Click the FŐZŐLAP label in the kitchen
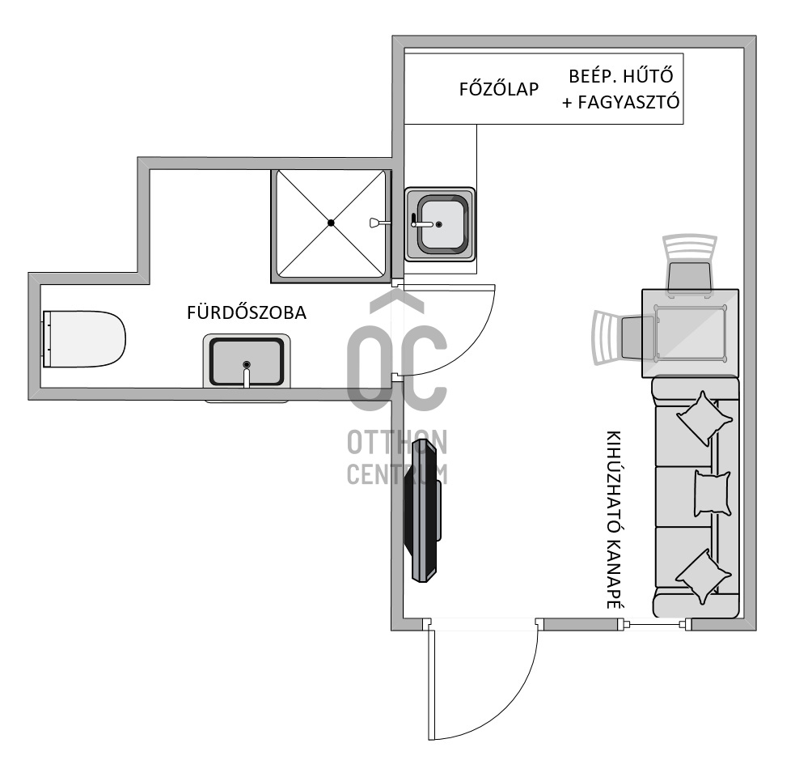click(498, 89)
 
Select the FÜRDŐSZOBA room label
click(247, 313)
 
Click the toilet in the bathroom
click(85, 338)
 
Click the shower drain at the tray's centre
click(331, 223)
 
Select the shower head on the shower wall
click(375, 223)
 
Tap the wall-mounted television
click(422, 510)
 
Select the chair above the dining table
click(690, 264)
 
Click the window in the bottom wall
click(657, 624)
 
